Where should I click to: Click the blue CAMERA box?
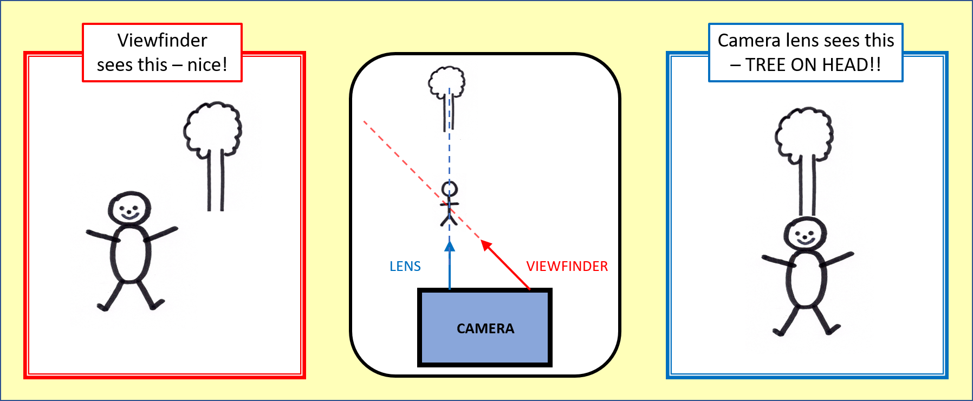click(485, 328)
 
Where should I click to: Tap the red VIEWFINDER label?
click(567, 266)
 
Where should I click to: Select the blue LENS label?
click(405, 266)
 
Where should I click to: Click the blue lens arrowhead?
click(449, 247)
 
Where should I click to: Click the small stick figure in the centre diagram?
click(449, 204)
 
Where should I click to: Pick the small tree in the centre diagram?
click(447, 92)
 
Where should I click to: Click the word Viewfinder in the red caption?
click(162, 40)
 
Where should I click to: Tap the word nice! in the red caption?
click(207, 65)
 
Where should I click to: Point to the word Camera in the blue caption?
click(749, 40)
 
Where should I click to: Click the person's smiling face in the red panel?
click(129, 208)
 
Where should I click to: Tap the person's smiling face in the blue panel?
click(805, 235)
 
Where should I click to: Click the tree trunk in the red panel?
click(216, 182)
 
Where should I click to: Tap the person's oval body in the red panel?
click(130, 254)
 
